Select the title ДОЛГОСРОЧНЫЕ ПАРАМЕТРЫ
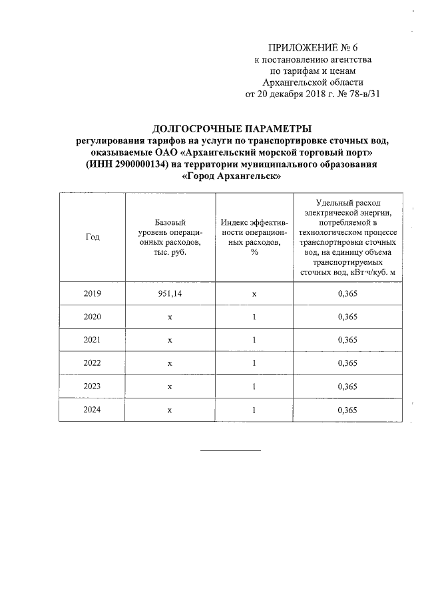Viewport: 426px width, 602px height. click(x=232, y=128)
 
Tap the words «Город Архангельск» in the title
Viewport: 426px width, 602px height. click(x=231, y=177)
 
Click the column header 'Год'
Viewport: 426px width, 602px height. click(x=93, y=237)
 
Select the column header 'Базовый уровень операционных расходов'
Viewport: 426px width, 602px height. click(x=170, y=237)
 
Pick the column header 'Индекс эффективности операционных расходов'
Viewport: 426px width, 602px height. click(x=254, y=237)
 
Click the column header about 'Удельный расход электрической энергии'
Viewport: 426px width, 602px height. click(x=347, y=237)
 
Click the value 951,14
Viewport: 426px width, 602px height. click(x=170, y=293)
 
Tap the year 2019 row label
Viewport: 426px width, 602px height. click(x=93, y=293)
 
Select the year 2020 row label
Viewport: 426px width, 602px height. click(x=93, y=317)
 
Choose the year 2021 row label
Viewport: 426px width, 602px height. click(x=93, y=340)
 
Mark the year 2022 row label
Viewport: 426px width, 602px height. click(x=93, y=363)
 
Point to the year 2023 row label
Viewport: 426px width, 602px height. click(x=93, y=386)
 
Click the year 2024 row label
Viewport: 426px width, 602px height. click(x=93, y=410)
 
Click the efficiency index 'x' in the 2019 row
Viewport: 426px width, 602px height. click(x=254, y=293)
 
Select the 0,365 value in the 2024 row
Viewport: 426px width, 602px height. click(x=347, y=410)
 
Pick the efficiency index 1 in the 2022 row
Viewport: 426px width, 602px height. click(x=254, y=363)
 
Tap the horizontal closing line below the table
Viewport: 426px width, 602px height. click(x=231, y=451)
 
